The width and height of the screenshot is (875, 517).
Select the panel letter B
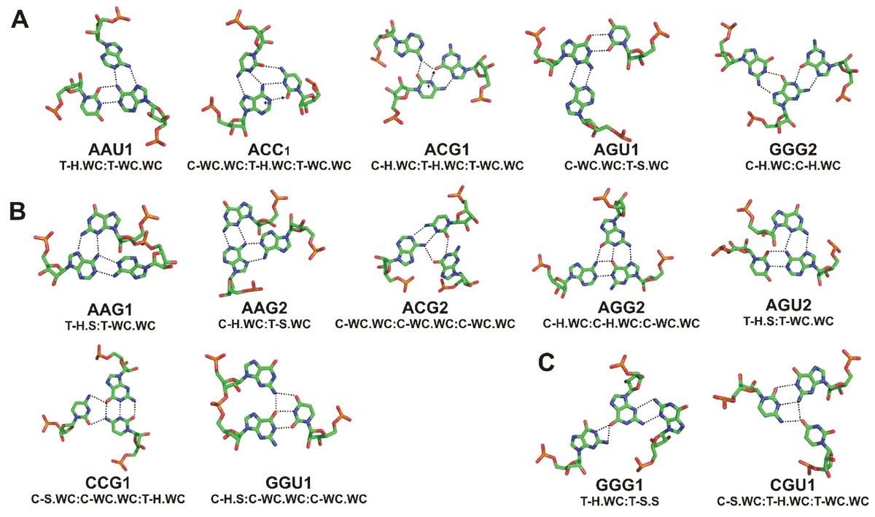coord(20,211)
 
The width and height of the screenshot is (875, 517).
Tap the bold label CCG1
coord(107,483)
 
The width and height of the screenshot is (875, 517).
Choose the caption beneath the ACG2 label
coord(425,323)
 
